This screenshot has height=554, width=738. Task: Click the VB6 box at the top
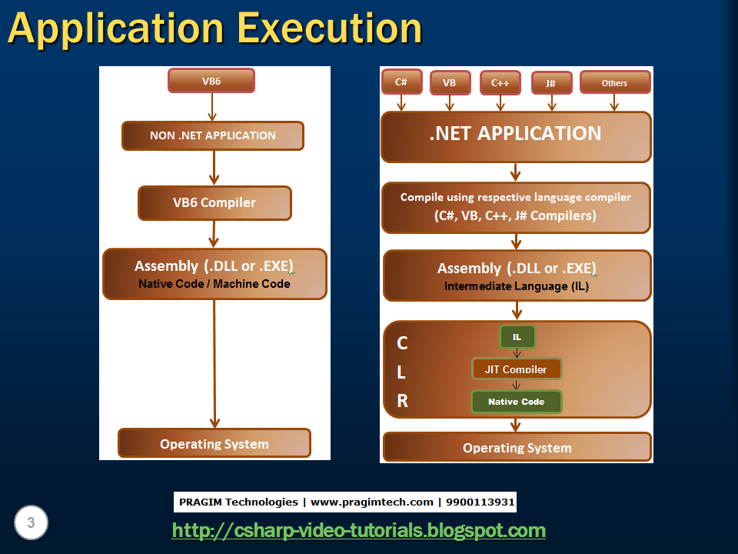point(211,81)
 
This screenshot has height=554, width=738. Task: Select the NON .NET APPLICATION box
point(213,135)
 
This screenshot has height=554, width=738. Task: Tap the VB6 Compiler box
point(214,203)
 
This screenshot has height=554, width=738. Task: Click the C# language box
point(401,82)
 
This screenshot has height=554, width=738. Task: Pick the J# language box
point(550,83)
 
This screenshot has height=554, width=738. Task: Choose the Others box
point(614,83)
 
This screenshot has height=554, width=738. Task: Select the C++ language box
point(500,82)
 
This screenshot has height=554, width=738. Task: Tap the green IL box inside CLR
point(517,337)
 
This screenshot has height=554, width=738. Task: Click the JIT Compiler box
point(517,369)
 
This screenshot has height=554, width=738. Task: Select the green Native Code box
point(516,402)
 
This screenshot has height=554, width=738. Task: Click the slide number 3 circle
point(31,523)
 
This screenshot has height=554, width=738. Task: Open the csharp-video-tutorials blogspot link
point(358,530)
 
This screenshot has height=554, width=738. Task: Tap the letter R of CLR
point(402,401)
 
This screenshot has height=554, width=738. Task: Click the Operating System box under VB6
point(214,444)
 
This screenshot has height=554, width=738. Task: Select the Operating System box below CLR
point(517,448)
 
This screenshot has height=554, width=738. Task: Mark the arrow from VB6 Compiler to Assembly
point(214,234)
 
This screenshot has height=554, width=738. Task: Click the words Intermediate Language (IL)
point(517,286)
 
